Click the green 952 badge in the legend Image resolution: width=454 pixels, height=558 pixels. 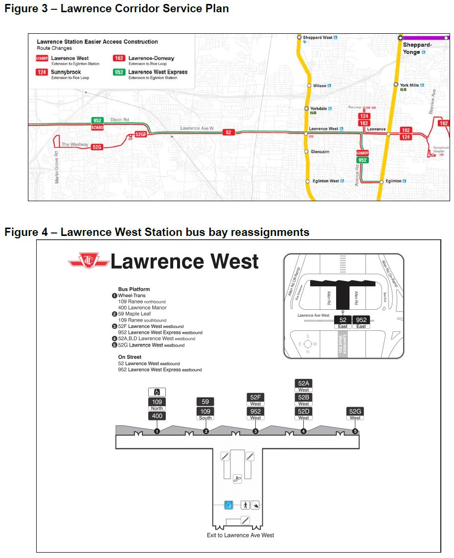119,72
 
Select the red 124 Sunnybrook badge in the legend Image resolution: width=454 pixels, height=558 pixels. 42,72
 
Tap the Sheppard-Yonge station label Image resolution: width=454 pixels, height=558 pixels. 417,48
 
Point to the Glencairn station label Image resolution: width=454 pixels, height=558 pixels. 320,152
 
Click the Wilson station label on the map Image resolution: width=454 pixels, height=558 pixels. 319,86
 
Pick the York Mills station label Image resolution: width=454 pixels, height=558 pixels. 409,85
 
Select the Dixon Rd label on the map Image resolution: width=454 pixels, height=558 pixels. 119,119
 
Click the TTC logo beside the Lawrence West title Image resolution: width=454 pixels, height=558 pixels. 89,261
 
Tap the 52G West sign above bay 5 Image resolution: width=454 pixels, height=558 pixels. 355,414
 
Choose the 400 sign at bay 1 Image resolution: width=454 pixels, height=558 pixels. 157,416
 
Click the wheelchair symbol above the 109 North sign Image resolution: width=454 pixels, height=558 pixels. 157,392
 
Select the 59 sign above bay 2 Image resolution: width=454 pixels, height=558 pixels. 205,402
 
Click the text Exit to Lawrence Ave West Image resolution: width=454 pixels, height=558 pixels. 240,535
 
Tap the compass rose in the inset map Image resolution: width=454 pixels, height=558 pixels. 308,344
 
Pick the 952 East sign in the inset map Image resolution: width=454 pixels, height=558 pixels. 361,322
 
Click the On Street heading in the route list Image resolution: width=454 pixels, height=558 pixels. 130,357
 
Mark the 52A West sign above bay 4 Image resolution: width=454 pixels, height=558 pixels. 303,385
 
